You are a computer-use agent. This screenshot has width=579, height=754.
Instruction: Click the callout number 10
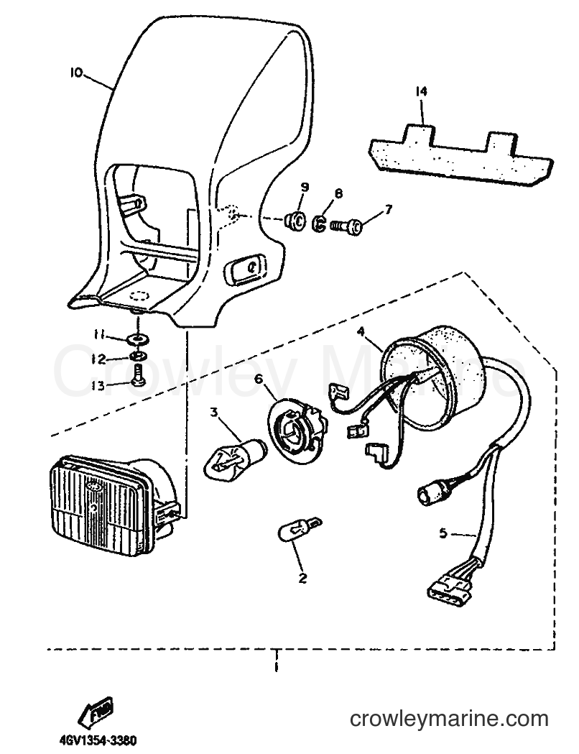click(x=76, y=73)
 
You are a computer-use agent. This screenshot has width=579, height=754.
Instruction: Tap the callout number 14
click(x=422, y=91)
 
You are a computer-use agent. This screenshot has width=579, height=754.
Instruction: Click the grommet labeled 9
click(x=295, y=220)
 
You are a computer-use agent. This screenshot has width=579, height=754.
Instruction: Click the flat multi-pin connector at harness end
click(x=449, y=587)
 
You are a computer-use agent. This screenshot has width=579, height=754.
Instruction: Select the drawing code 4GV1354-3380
click(x=98, y=740)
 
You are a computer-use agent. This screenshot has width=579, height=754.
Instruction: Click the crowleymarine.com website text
click(x=449, y=719)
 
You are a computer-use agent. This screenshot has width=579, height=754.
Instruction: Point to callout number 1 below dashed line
click(x=277, y=667)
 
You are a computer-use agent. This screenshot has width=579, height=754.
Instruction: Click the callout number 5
click(x=443, y=533)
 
